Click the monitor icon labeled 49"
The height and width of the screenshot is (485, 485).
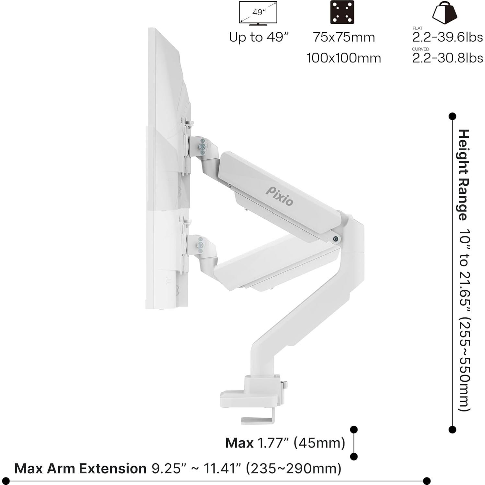(x=258, y=13)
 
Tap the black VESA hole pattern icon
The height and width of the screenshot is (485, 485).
(x=342, y=12)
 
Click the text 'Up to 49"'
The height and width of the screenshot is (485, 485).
(x=258, y=37)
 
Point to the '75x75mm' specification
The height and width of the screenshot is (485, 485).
(x=344, y=37)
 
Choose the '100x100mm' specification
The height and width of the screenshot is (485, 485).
(x=344, y=58)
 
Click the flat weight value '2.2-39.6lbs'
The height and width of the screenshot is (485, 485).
(x=447, y=37)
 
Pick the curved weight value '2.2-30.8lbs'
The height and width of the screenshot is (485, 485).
(x=447, y=58)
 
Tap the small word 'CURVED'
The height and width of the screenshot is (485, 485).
(x=420, y=49)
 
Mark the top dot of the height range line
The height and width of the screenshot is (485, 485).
(x=452, y=116)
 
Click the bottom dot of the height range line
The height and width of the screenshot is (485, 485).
(x=452, y=430)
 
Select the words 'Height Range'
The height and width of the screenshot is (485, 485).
(x=464, y=175)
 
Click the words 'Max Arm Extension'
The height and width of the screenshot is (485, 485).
(x=80, y=468)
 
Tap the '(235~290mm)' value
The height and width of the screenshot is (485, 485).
(x=294, y=468)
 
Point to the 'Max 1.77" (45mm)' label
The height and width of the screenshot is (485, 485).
(x=285, y=443)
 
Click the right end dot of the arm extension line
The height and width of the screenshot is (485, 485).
(x=427, y=480)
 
